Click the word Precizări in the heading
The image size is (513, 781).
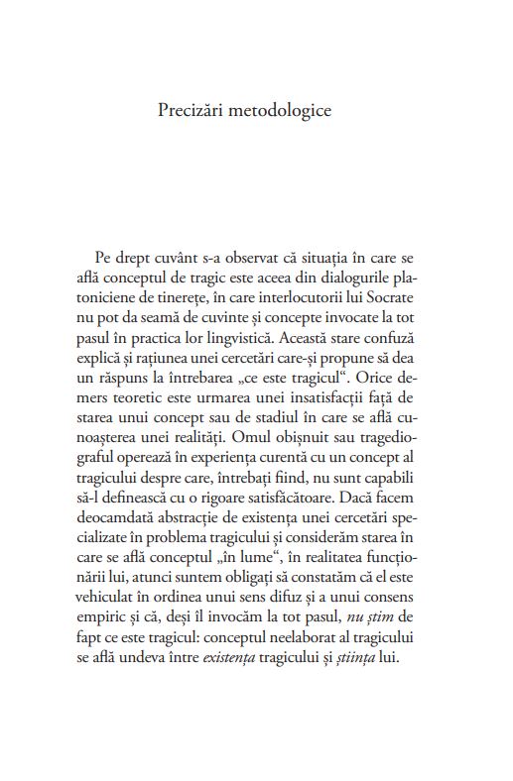(x=194, y=108)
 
